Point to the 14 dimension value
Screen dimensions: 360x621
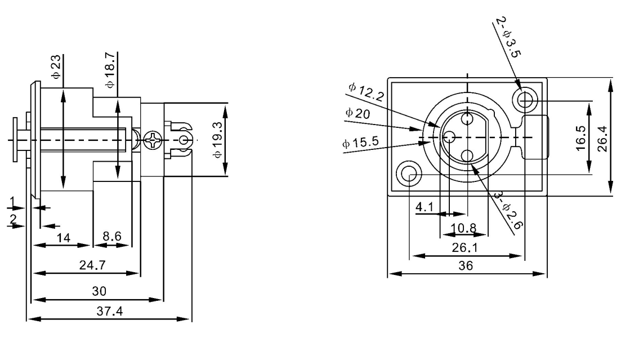pyautogui.click(x=64, y=238)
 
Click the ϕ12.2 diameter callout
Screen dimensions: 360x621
pyautogui.click(x=366, y=92)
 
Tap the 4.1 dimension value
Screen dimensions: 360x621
pyautogui.click(x=423, y=207)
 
